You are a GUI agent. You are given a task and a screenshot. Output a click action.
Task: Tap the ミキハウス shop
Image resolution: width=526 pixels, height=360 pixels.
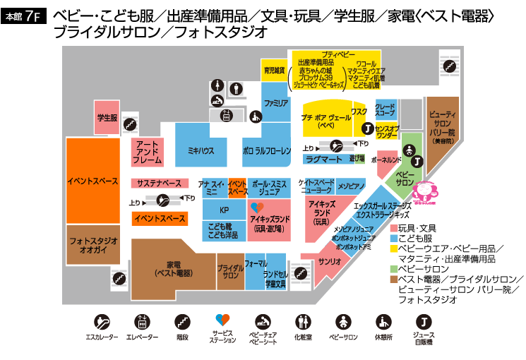(x=201, y=151)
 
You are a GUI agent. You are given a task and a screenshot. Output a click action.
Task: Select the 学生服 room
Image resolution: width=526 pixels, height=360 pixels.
(x=107, y=118)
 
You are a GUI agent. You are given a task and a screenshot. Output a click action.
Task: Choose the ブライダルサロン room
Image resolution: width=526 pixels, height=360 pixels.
(x=230, y=272)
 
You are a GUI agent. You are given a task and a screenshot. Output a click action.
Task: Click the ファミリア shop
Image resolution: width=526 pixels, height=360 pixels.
(x=275, y=103)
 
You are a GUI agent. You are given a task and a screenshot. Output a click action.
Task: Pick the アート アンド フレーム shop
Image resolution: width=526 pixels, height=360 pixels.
(x=147, y=152)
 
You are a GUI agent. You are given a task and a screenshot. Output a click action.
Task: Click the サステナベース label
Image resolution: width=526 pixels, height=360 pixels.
(x=159, y=184)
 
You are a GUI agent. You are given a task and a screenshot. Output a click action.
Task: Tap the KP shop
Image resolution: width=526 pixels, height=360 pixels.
(x=224, y=210)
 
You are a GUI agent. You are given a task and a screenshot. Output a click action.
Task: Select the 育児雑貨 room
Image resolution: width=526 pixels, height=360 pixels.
(x=274, y=70)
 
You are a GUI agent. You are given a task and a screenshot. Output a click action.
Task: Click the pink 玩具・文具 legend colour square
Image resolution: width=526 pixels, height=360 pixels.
(x=393, y=229)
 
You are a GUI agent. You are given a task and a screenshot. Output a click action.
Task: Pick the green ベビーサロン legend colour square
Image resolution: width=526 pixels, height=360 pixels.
(x=393, y=268)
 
